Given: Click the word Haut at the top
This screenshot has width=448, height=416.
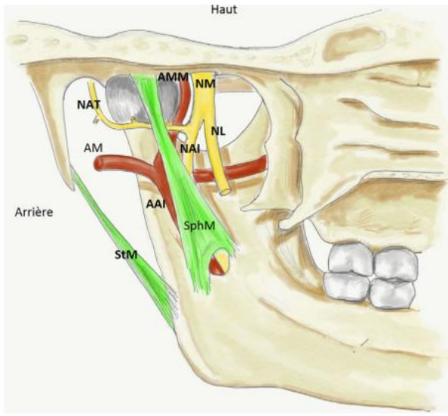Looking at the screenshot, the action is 224,10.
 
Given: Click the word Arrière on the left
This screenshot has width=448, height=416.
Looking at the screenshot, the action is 34,213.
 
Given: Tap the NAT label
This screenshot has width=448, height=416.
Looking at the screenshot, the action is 89,105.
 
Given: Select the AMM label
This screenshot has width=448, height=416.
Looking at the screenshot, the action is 173,77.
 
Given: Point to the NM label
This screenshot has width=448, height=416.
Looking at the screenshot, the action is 205,84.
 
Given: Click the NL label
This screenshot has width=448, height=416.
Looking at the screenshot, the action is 218,131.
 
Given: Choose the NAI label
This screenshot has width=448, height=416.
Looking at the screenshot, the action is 190,148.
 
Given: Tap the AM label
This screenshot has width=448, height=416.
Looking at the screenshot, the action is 93,148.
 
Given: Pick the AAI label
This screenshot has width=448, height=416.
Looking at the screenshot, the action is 155,204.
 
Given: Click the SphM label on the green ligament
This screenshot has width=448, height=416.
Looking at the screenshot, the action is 199,226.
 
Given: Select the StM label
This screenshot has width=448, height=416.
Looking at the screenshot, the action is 126,255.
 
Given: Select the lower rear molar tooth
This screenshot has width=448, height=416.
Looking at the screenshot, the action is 346,286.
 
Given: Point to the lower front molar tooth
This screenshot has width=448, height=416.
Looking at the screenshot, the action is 392,293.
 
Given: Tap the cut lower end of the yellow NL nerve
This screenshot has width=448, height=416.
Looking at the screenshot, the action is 225,191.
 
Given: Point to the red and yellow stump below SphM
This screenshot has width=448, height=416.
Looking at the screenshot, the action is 219,263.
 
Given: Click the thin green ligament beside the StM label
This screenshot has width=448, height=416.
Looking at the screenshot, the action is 126,251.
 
